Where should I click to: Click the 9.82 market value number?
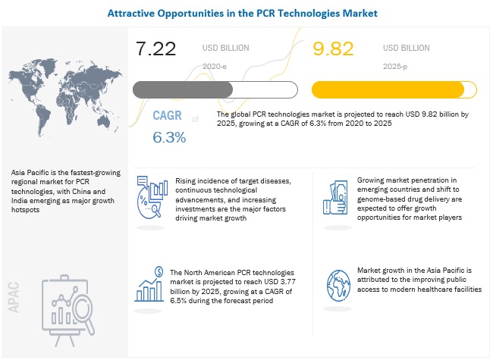335,50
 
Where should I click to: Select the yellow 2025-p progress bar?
394,89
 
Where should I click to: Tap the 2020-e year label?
215,66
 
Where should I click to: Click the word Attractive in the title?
136,14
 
